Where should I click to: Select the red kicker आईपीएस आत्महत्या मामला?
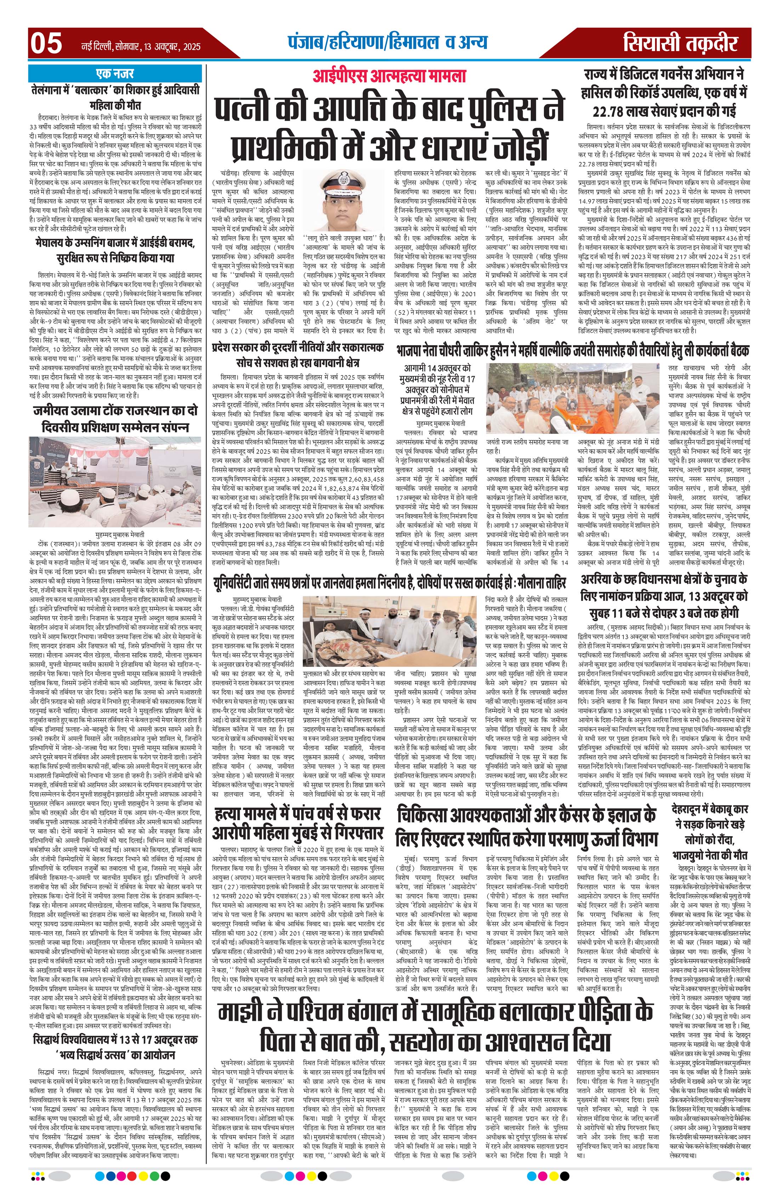(389, 76)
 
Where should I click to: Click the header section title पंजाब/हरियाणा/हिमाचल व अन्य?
(387, 42)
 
